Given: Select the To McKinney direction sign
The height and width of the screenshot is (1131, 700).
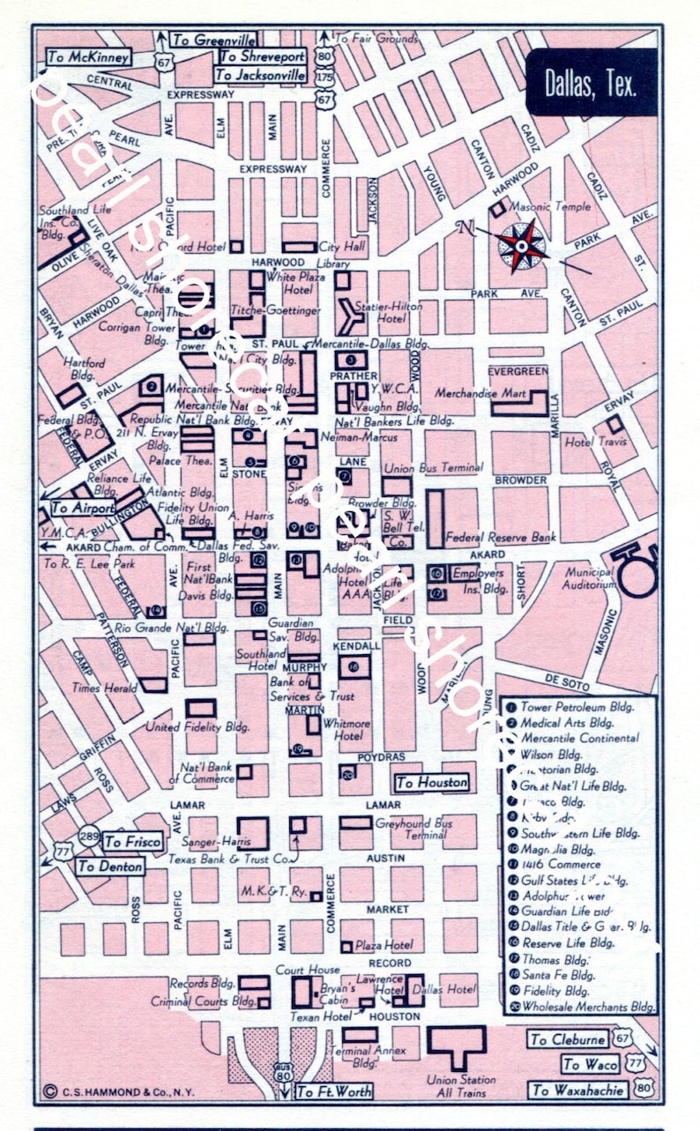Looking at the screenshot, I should pos(89,57).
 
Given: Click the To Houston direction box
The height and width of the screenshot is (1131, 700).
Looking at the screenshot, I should pos(431,782).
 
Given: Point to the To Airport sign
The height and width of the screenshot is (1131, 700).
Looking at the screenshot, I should pos(83,509).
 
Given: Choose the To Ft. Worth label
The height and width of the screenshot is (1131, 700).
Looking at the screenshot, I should pos(334,1091).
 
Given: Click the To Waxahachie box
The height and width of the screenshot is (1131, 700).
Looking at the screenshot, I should pos(578,1090).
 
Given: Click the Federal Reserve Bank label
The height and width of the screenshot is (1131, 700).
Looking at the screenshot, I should pos(501,536).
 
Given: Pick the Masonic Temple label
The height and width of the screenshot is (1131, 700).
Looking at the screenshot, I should pos(551,207).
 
